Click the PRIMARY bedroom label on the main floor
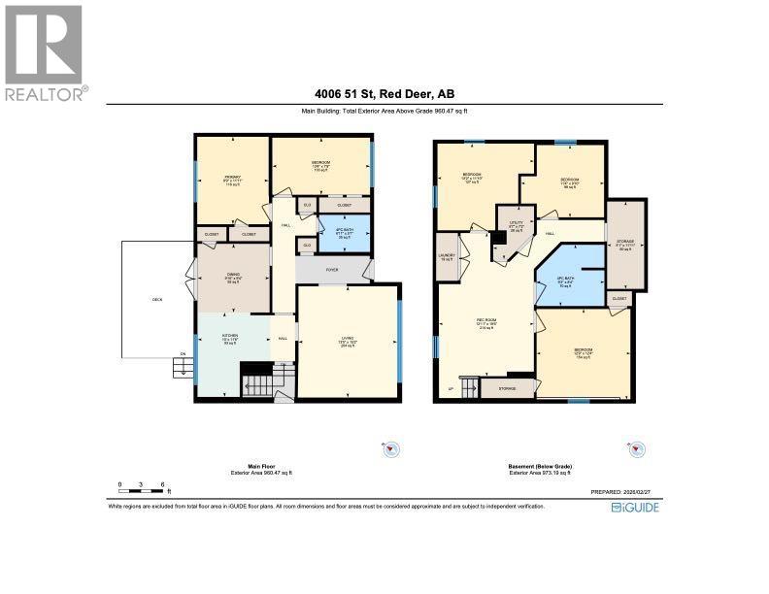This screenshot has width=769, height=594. [231, 178]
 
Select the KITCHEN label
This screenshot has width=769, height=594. [231, 339]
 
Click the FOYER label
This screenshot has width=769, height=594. [331, 271]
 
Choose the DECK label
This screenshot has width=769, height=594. [157, 299]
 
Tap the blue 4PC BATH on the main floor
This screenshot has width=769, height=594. [345, 234]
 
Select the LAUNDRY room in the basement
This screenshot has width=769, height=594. [447, 257]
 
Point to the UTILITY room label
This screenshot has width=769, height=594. [517, 225]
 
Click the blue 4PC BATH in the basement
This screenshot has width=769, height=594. [566, 283]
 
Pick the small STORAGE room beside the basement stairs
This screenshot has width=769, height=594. [508, 389]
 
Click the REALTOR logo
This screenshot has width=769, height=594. [45, 52]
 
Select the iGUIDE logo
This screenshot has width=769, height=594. [634, 507]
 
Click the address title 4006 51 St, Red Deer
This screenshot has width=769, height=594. [384, 94]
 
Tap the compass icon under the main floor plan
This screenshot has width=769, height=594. [391, 448]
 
